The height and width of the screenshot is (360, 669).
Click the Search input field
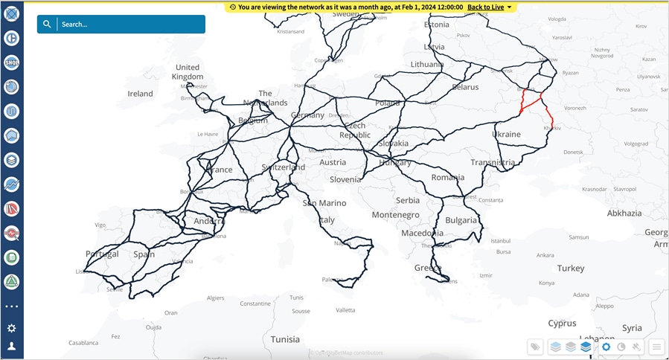coord(130,25)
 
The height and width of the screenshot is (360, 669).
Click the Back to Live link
coord(485,7)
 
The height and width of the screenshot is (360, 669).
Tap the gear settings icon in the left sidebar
coord(12,328)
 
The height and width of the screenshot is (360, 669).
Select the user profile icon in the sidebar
coord(12,346)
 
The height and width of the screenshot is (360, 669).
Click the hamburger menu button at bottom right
coord(656,347)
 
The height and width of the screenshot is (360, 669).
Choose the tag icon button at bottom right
coord(535,347)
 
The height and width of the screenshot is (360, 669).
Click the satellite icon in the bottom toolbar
coord(637,347)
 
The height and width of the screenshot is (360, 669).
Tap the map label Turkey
coord(571,268)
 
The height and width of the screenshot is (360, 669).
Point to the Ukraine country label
coord(506,134)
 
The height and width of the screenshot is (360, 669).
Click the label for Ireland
coord(140,94)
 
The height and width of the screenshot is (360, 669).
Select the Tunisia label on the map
coord(285,339)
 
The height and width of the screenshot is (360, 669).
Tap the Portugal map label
coord(102,254)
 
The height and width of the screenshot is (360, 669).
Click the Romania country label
coord(447,178)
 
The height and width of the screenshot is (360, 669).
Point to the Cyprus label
coord(562,324)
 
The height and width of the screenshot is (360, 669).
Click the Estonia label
coord(436,25)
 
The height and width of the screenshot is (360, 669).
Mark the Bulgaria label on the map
coord(461,220)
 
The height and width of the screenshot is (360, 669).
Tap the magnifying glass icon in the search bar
coord(47,25)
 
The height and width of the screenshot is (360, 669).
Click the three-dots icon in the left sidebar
coord(12,306)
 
